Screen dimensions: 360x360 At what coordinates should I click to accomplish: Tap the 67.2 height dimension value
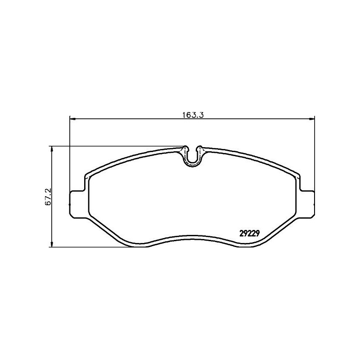pos(47,197)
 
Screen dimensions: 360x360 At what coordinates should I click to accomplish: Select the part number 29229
pos(248,233)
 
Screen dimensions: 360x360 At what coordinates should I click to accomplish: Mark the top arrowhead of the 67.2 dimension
pos(53,149)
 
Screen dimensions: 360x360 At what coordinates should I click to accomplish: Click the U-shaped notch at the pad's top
pos(193,157)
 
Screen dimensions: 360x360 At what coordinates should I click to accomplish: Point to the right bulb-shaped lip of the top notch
pos(201,148)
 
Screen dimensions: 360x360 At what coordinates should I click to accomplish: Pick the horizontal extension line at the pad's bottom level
pos(90,247)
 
